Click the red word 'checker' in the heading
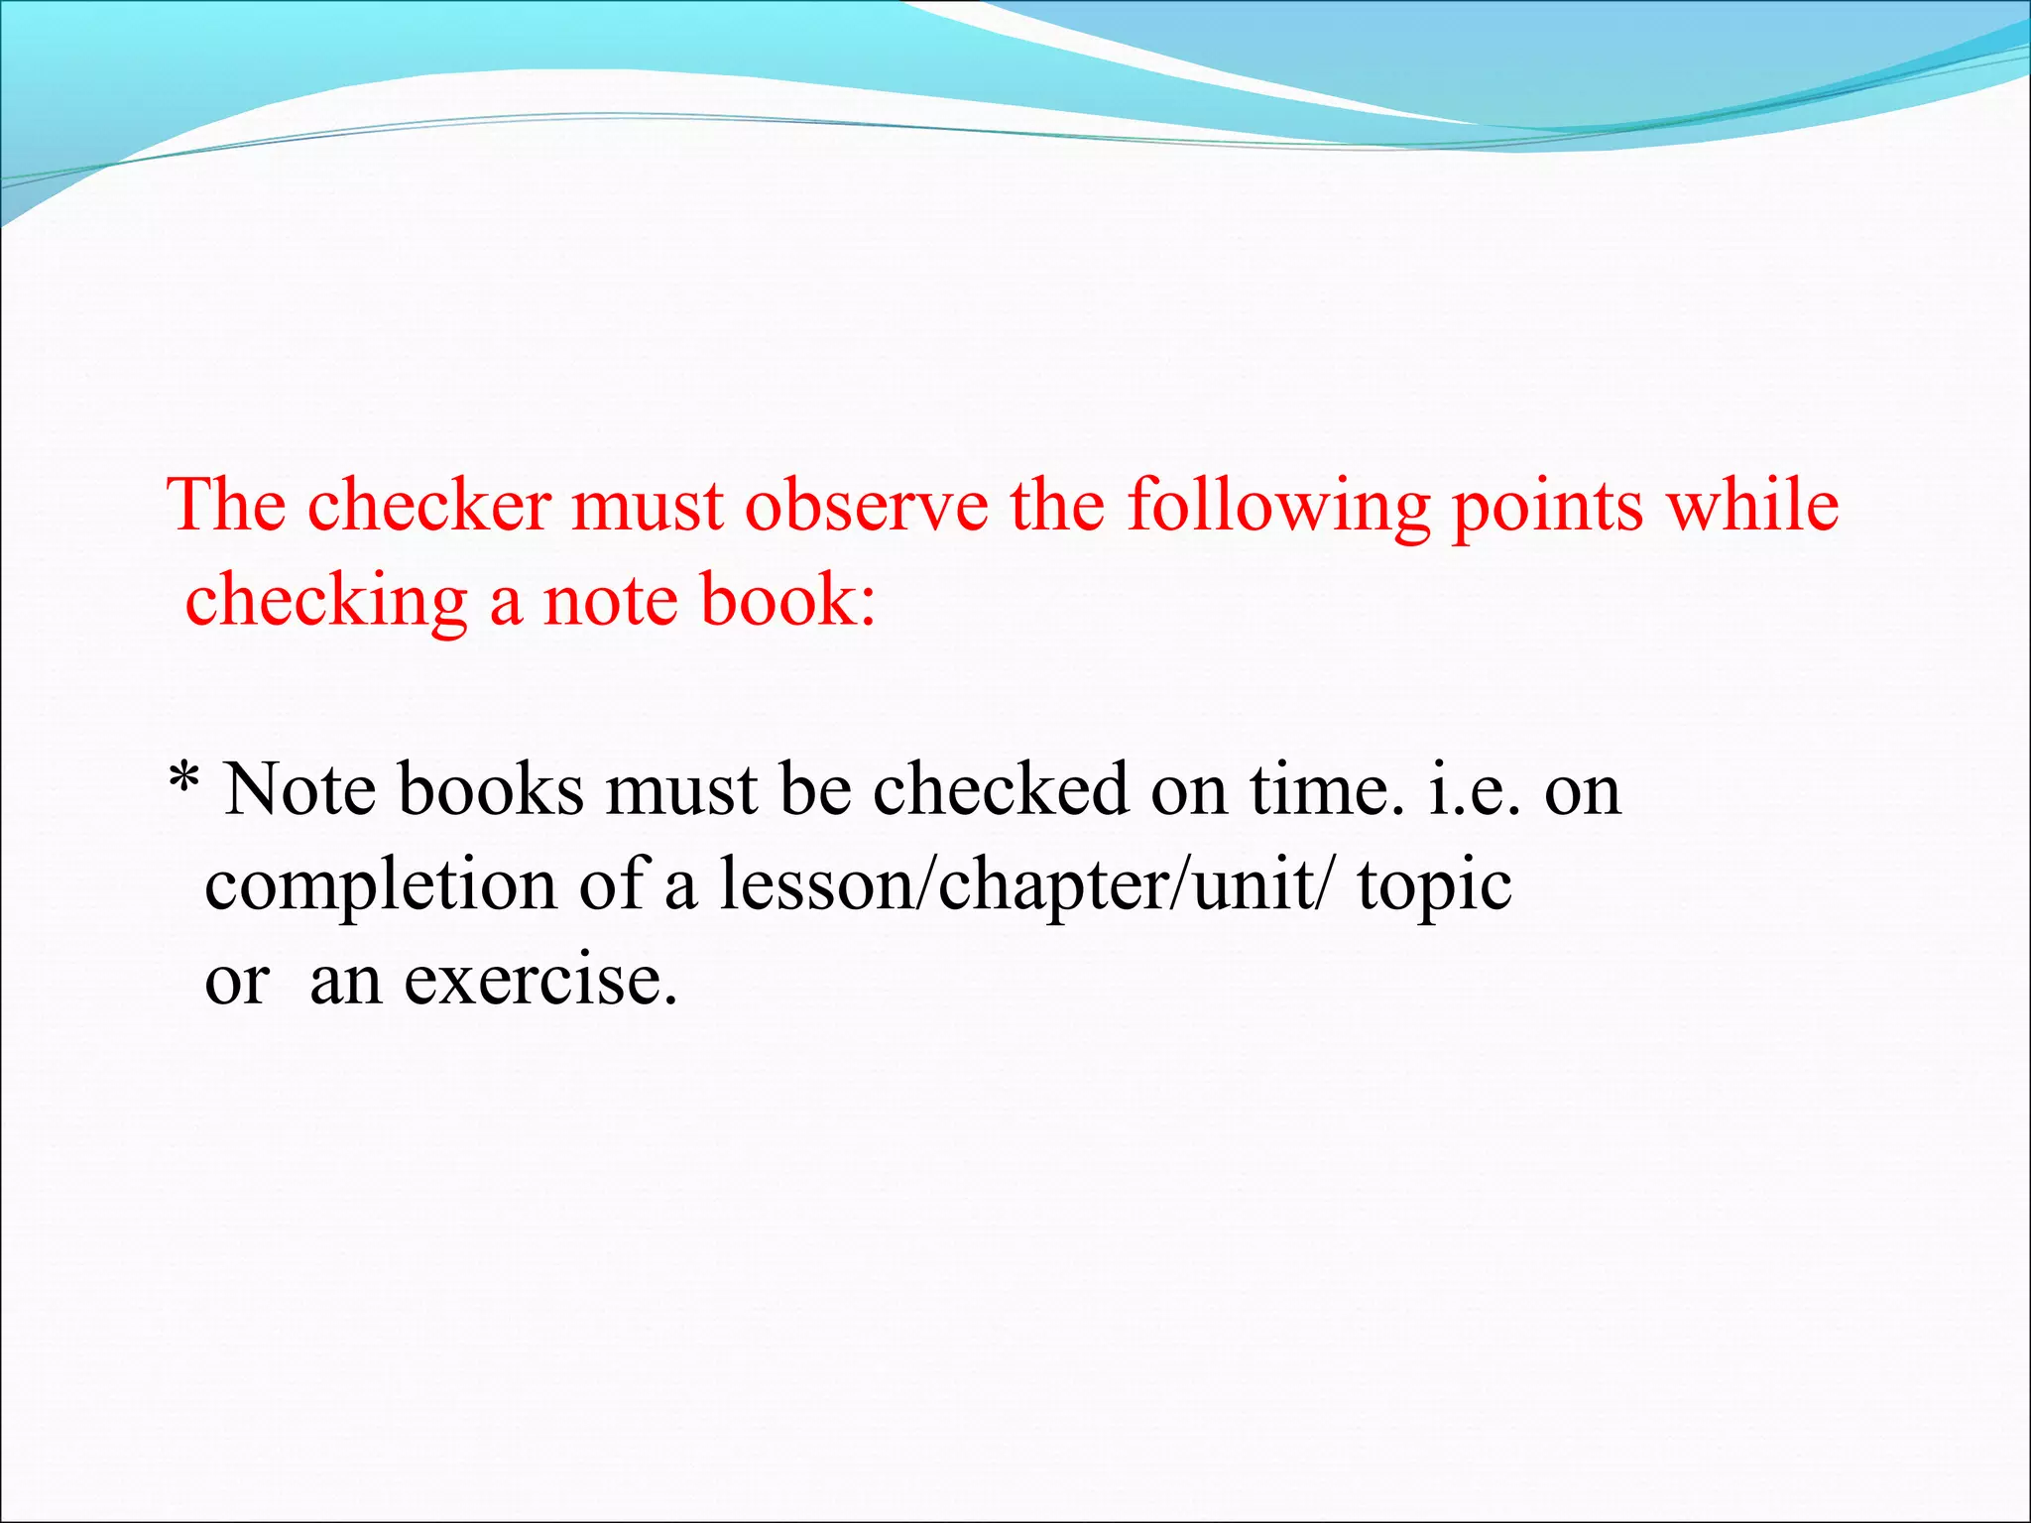click(x=428, y=506)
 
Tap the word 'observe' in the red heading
click(x=866, y=506)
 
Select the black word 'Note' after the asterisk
click(x=300, y=790)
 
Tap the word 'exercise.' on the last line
click(x=541, y=980)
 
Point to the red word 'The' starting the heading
click(x=226, y=506)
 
